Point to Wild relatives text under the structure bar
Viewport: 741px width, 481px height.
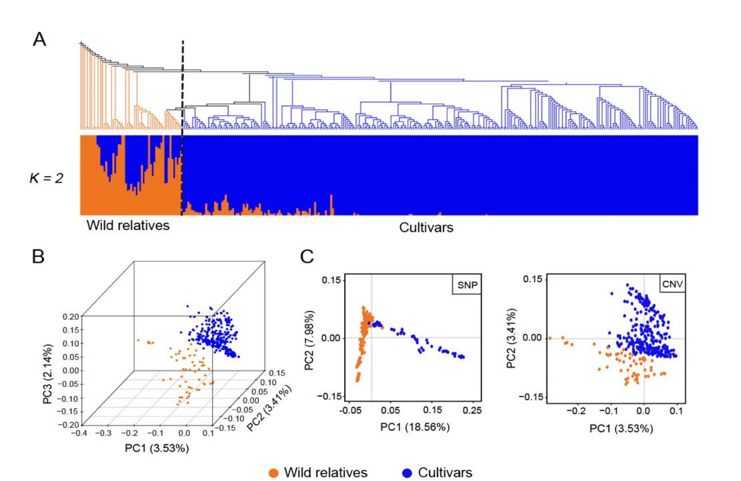pos(128,225)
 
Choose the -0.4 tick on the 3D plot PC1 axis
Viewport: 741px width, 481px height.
pos(80,433)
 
